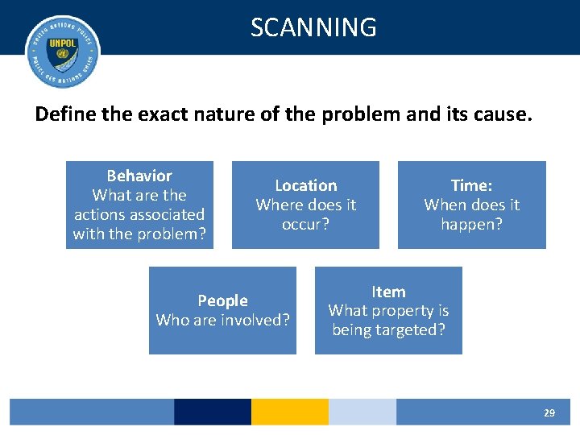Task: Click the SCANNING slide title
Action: pos(313,27)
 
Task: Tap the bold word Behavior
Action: pos(139,176)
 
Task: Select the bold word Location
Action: pos(306,185)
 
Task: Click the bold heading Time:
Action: pos(472,185)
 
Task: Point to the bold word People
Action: pos(222,300)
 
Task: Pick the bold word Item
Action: pos(388,292)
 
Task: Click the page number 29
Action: pos(549,412)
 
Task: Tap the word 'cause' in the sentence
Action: pos(503,114)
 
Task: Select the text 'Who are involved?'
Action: pos(222,320)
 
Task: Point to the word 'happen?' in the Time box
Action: pos(472,225)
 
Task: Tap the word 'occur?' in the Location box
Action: pos(306,224)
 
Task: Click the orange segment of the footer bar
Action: pos(290,412)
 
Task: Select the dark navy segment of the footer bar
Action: pos(213,412)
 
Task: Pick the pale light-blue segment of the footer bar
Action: pos(362,412)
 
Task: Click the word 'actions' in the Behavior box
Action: pos(99,214)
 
